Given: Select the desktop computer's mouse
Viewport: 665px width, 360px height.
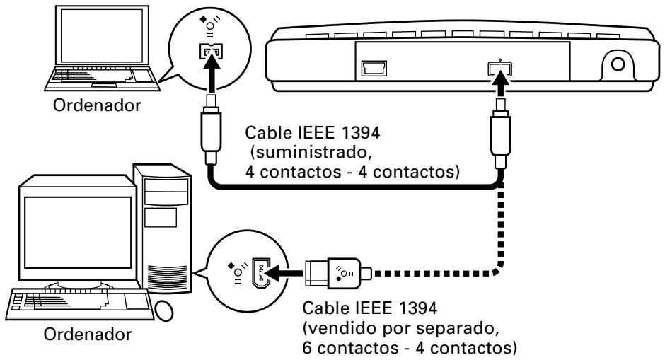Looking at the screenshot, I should point(162,310).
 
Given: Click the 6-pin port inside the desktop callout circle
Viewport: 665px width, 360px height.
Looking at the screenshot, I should point(258,269).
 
